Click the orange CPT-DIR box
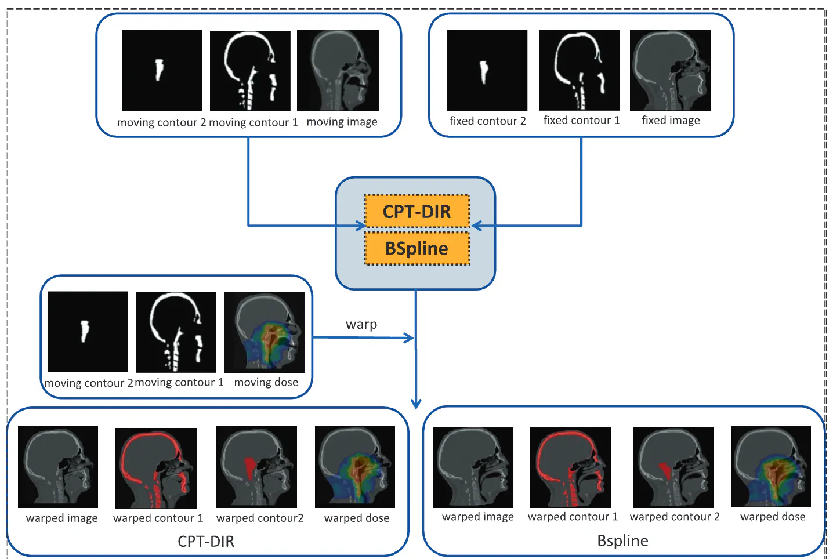[416, 212]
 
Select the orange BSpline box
[416, 249]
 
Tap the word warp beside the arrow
[361, 324]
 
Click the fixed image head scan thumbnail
[670, 70]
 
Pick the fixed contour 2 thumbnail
[487, 70]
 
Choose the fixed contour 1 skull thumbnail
[580, 70]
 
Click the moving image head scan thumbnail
[338, 70]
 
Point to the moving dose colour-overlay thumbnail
[265, 332]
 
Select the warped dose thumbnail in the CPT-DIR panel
[355, 467]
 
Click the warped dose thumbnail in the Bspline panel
[771, 467]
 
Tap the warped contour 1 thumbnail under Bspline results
[570, 467]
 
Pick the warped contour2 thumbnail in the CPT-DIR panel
[256, 467]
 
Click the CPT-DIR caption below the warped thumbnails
[206, 542]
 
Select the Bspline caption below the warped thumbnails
[622, 540]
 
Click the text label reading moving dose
[266, 382]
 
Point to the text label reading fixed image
[671, 120]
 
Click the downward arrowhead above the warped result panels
[416, 404]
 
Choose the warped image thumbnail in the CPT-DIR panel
[58, 467]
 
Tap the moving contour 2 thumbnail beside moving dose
[88, 332]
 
